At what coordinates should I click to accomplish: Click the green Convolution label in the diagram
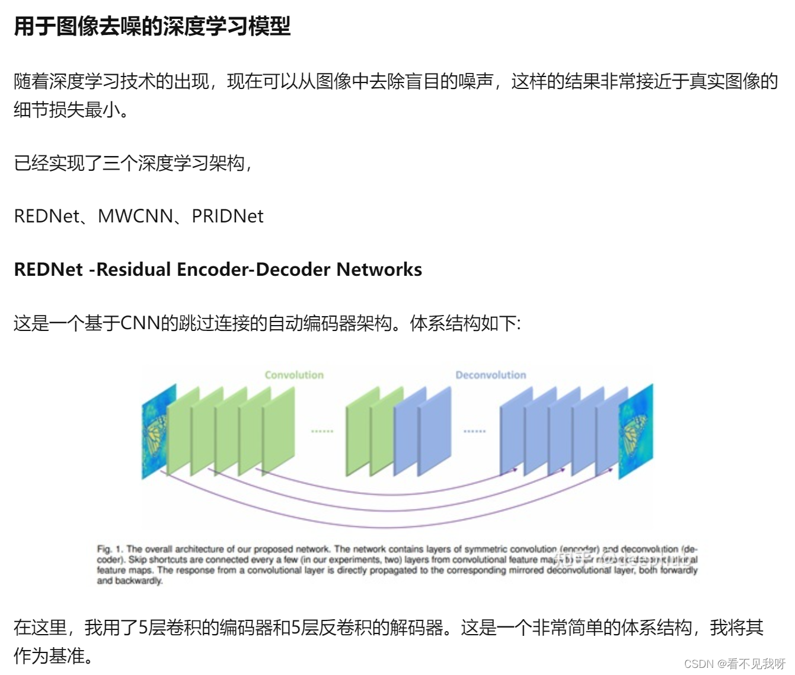tap(294, 375)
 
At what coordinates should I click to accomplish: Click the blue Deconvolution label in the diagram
tap(490, 375)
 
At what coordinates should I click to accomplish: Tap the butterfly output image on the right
tap(636, 431)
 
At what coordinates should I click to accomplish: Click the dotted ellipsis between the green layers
tap(322, 431)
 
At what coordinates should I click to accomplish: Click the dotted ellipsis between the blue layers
tap(474, 431)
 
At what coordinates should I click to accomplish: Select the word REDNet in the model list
tap(46, 216)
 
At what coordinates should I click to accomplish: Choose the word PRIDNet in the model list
tap(227, 216)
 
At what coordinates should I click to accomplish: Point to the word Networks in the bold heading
tap(379, 269)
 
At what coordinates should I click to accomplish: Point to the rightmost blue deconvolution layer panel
tap(608, 430)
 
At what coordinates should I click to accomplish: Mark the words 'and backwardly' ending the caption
tap(130, 581)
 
